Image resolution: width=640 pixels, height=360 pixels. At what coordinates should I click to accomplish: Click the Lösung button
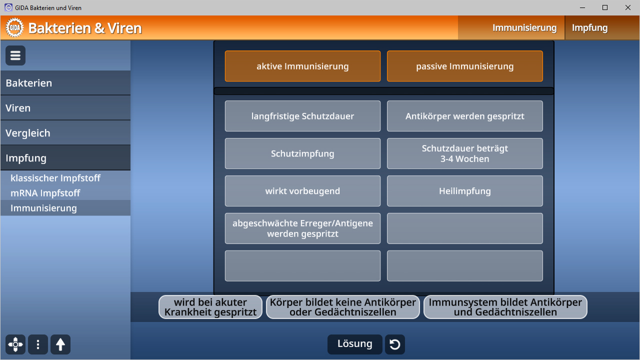pos(354,344)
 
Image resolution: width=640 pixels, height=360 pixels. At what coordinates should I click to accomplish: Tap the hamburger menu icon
pos(15,55)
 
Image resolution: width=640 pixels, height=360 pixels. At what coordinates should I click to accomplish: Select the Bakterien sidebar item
pos(65,83)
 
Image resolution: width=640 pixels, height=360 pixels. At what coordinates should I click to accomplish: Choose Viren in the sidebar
pos(65,108)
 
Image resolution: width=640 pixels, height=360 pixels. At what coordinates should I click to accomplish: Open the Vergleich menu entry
pos(65,133)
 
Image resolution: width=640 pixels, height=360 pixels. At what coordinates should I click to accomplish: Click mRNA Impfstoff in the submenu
pos(45,193)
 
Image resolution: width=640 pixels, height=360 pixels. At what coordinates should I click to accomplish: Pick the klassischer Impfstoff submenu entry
pos(55,178)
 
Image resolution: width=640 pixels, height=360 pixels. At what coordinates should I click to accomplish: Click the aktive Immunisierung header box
pos(302,66)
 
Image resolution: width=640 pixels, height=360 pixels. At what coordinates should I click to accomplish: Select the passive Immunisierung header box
pos(464,66)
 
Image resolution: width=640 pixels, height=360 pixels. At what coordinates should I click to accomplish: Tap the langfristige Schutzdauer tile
pos(302,116)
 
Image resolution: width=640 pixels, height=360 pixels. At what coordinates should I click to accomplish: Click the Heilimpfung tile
pos(464,191)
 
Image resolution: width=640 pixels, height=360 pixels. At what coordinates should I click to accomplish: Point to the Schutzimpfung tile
pos(302,153)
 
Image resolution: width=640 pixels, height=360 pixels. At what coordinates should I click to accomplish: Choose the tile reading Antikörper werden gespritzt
pos(464,116)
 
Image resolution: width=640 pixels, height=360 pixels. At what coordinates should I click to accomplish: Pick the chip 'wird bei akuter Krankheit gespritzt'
pos(210,307)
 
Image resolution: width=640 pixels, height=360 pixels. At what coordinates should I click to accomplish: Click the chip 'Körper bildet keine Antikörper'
pos(342,307)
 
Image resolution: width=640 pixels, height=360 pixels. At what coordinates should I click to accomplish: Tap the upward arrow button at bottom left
pos(60,344)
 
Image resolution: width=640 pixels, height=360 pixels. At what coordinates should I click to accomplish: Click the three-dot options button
pos(38,344)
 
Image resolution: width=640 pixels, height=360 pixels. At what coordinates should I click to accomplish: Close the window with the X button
pos(627,7)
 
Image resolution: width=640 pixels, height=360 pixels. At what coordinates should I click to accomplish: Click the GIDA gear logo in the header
pos(15,27)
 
